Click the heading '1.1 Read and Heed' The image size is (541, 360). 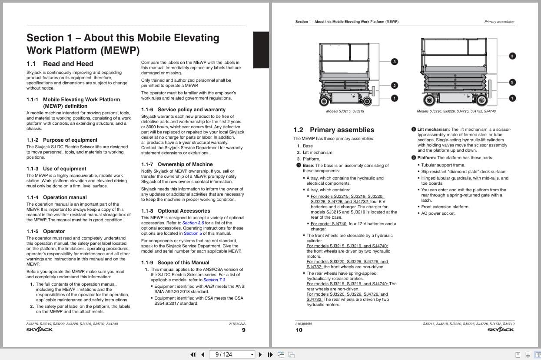click(60, 64)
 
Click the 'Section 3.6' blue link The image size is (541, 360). click(193, 223)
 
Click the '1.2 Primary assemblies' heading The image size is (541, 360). click(334, 130)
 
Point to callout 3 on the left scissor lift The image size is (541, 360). click(395, 62)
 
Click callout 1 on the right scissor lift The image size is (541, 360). click(512, 98)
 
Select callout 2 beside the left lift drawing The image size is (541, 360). click(395, 86)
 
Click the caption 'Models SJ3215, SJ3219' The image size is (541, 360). click(345, 111)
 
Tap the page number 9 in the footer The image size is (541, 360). click(243, 330)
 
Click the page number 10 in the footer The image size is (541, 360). click(299, 330)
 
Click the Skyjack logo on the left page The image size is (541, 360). click(40, 330)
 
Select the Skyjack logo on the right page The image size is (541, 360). click(501, 330)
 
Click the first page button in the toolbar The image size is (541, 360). click(193, 354)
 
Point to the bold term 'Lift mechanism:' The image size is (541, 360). click(433, 130)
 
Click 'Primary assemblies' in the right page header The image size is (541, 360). click(499, 22)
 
